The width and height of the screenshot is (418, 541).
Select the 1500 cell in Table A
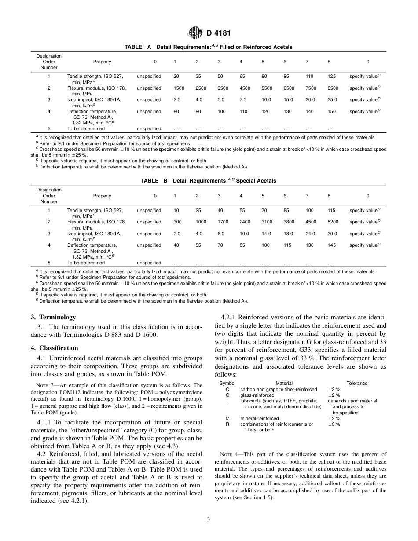[x=179, y=88]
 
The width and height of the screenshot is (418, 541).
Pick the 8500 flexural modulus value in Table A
[x=333, y=88]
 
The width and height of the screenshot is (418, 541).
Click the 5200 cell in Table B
[x=333, y=222]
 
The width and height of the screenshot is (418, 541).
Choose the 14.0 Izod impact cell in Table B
[x=266, y=234]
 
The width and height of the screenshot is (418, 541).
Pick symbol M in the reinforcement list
[x=227, y=419]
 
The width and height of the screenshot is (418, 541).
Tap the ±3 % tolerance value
[x=334, y=424]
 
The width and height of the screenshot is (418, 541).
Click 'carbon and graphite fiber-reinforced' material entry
[x=278, y=390]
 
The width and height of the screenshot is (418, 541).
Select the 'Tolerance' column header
[x=357, y=384]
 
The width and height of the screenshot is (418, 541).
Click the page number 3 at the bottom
[x=209, y=519]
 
